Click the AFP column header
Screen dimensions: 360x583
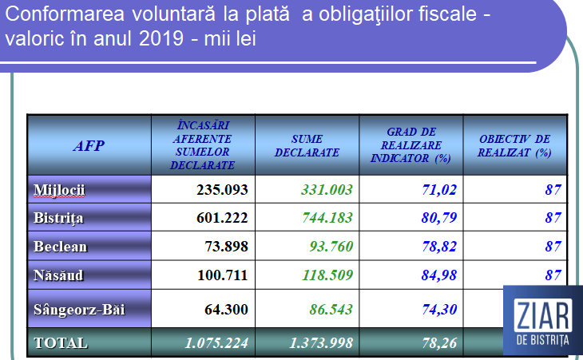coord(89,145)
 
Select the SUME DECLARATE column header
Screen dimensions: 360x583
coord(307,145)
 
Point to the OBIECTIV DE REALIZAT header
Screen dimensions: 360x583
coord(515,145)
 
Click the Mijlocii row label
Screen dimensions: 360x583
coord(59,190)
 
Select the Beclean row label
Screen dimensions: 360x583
coord(60,247)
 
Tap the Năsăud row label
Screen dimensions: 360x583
coord(59,275)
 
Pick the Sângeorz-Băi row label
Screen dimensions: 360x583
coord(79,309)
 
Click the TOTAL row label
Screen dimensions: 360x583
coord(61,342)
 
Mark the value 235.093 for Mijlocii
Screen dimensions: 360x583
coord(223,190)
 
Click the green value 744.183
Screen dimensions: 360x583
coord(327,218)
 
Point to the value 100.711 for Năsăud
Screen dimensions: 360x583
coord(223,275)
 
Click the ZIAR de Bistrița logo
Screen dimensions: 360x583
coord(543,319)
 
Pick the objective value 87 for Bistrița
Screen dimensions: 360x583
coord(553,218)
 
